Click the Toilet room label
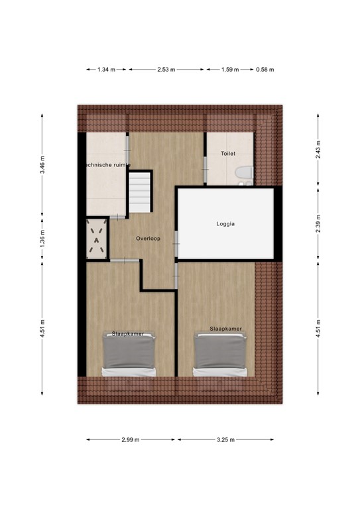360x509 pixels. click(228, 154)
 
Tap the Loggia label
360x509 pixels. click(226, 224)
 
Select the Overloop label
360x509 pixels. click(147, 238)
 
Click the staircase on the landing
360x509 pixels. click(140, 192)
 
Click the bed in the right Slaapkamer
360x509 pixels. click(221, 354)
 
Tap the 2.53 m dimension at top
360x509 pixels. click(167, 69)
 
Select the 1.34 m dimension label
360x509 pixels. click(107, 69)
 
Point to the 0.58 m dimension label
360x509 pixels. click(265, 69)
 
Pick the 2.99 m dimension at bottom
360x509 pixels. click(131, 439)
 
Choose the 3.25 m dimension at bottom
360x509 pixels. click(225, 439)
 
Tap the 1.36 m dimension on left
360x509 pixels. click(42, 237)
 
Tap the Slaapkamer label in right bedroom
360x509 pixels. click(225, 329)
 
